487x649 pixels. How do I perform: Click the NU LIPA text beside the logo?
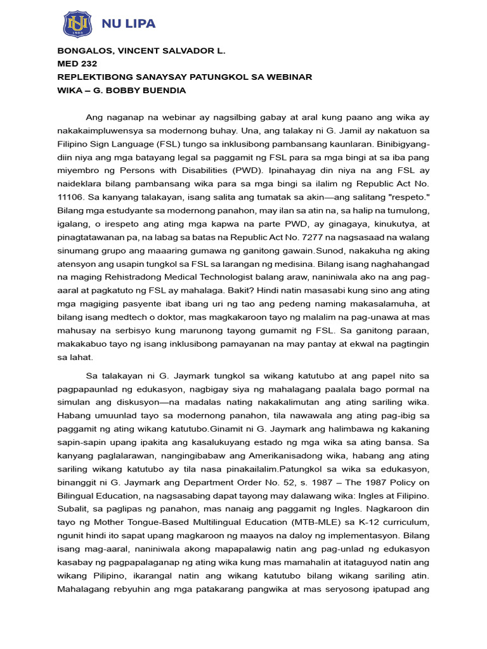click(x=129, y=24)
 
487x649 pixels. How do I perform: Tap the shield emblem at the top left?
click(x=78, y=24)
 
